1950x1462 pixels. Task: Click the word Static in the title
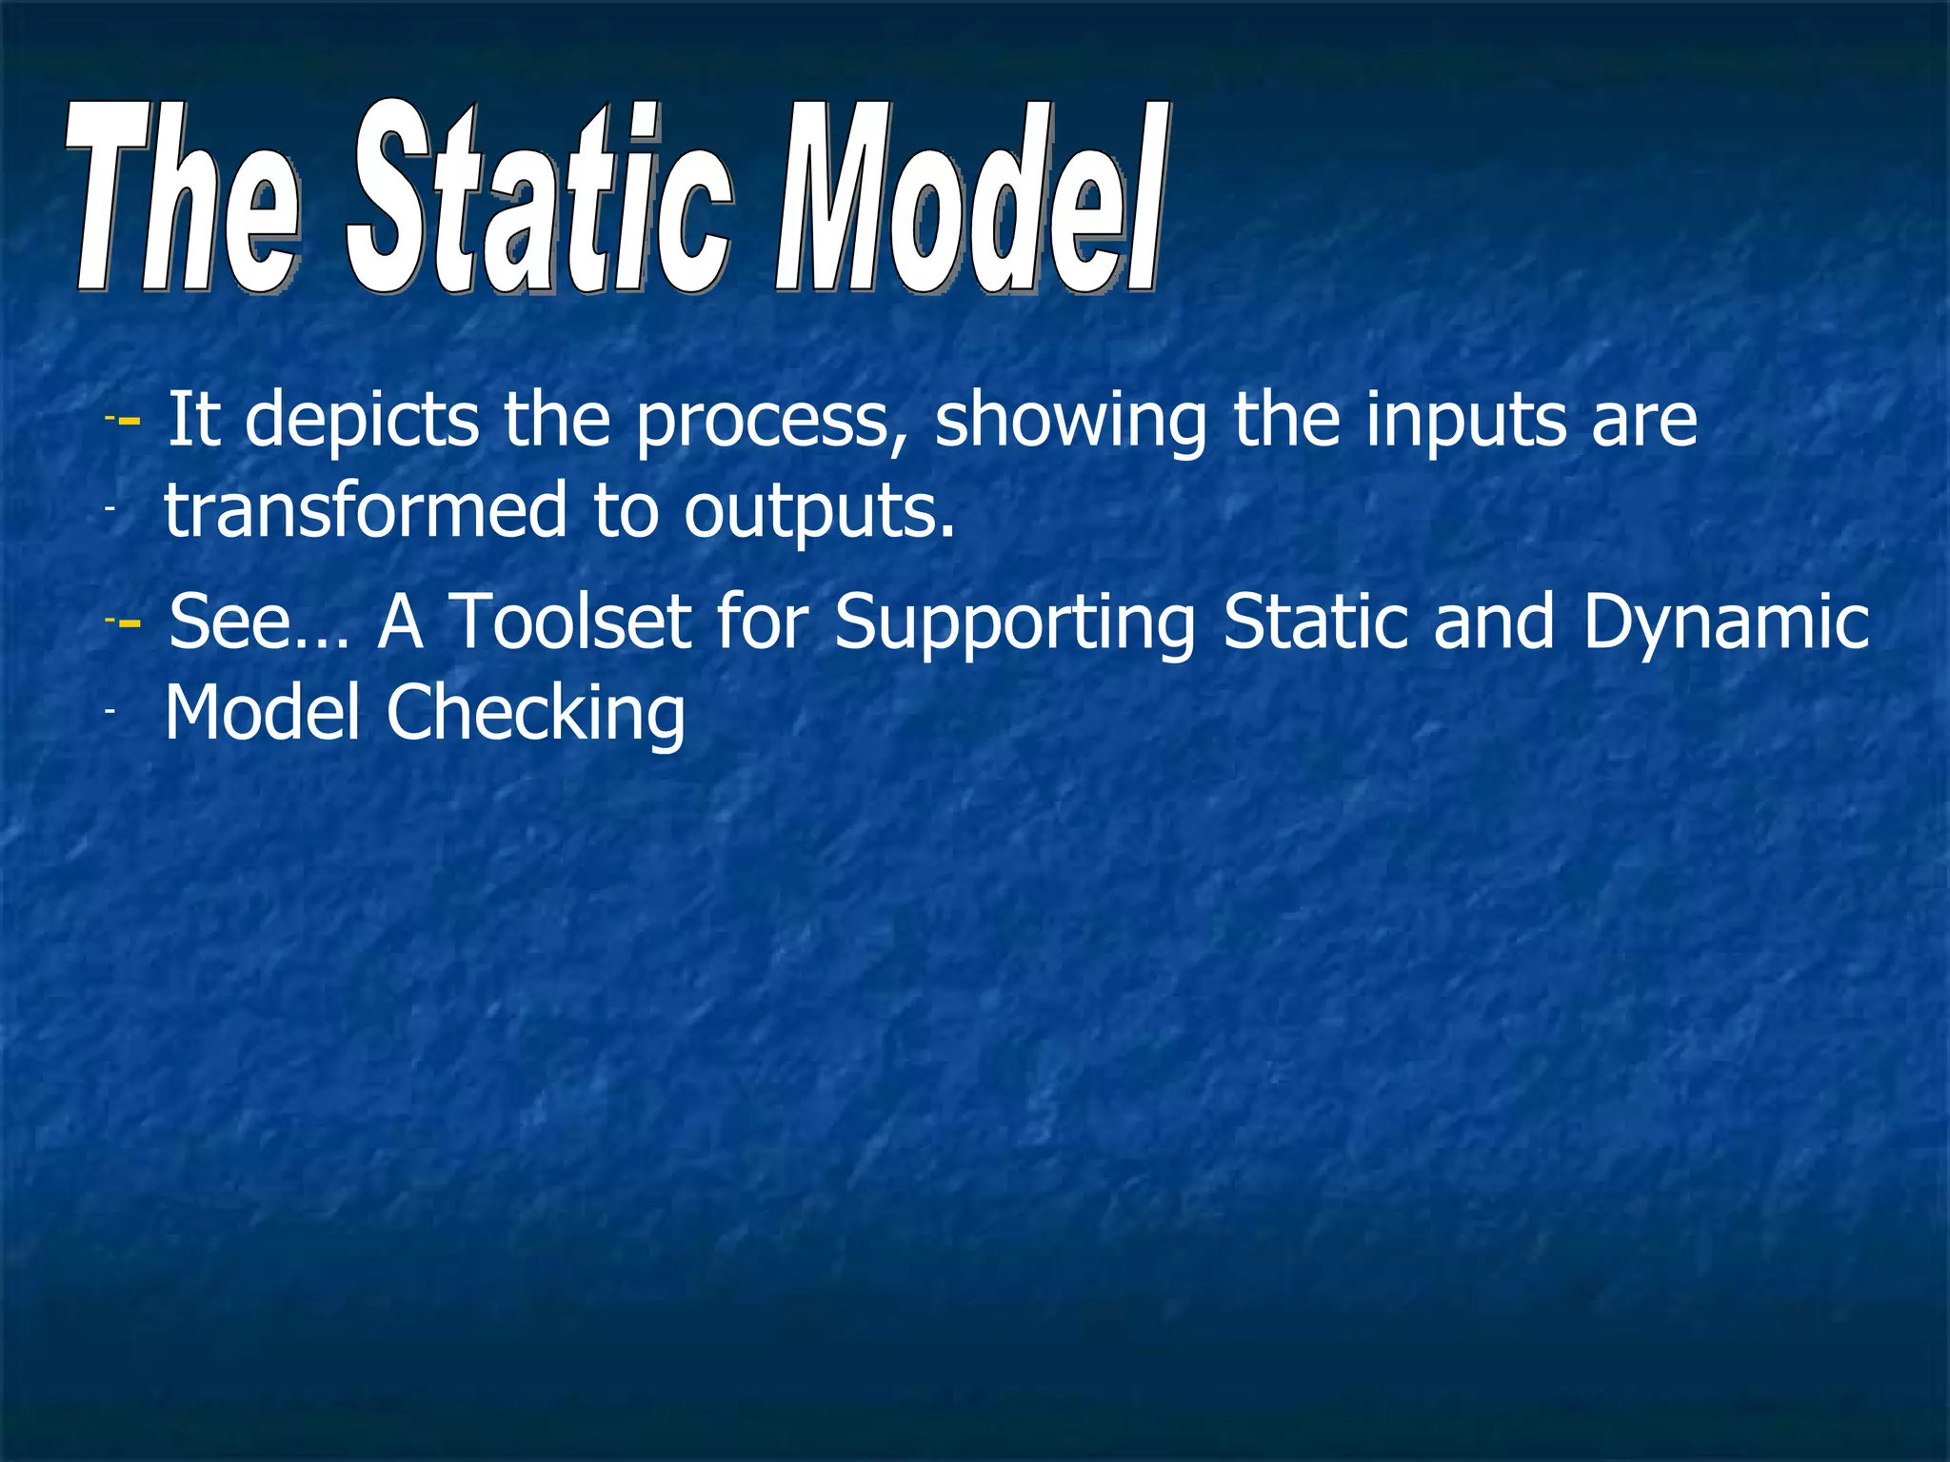click(539, 200)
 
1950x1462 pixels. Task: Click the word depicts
click(362, 420)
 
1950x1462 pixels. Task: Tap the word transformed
click(366, 510)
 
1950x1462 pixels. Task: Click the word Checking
click(535, 715)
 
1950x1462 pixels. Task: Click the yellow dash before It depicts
click(129, 421)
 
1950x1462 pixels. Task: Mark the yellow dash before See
click(129, 622)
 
